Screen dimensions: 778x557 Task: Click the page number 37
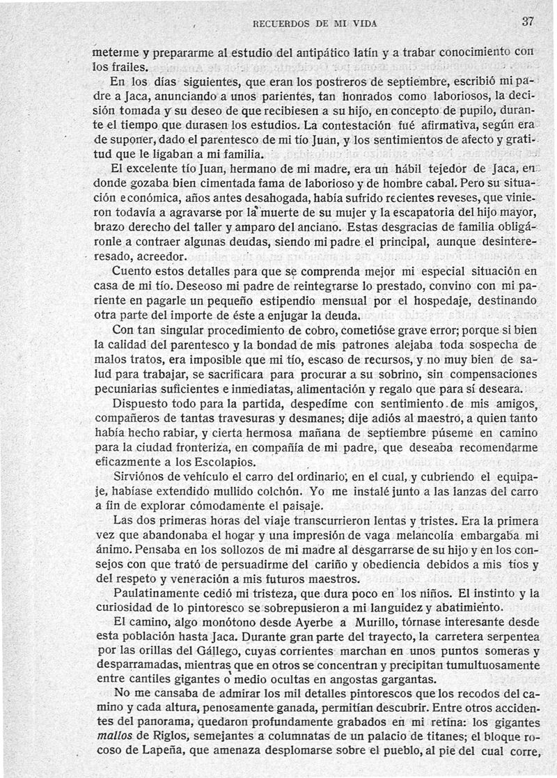click(527, 21)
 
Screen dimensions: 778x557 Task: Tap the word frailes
click(128, 68)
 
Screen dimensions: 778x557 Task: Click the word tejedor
click(421, 171)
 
